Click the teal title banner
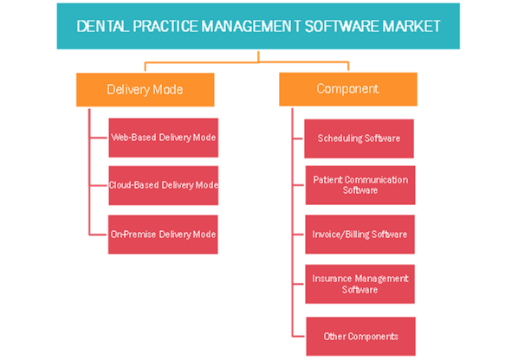click(258, 26)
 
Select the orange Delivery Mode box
click(145, 90)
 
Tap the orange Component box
click(348, 89)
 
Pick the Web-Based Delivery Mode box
click(164, 138)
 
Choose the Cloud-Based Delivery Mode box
click(164, 185)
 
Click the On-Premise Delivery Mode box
click(163, 235)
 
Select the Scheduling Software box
click(359, 138)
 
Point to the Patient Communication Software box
click(360, 185)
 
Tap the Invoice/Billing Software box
click(359, 235)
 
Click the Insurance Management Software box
click(359, 284)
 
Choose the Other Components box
click(360, 337)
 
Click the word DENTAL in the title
click(103, 27)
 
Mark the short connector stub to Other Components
click(298, 337)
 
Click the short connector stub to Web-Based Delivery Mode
click(99, 138)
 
